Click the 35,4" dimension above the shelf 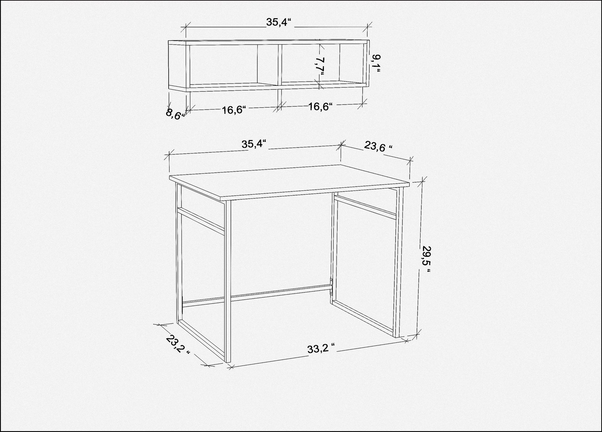279,22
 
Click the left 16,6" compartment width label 234,110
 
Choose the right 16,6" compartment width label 320,107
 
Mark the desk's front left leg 228,282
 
